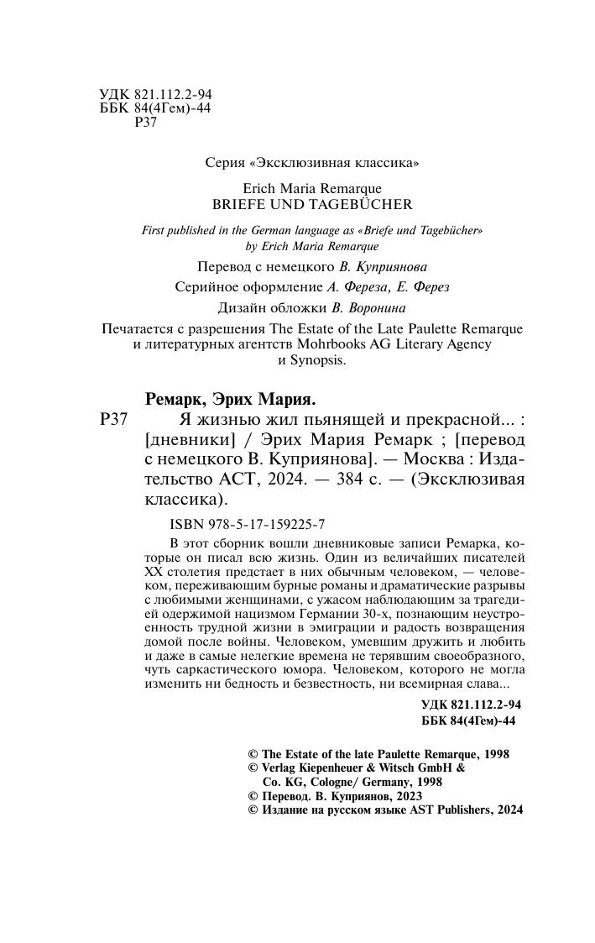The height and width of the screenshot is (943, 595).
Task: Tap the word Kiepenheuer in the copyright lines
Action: pos(349,767)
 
